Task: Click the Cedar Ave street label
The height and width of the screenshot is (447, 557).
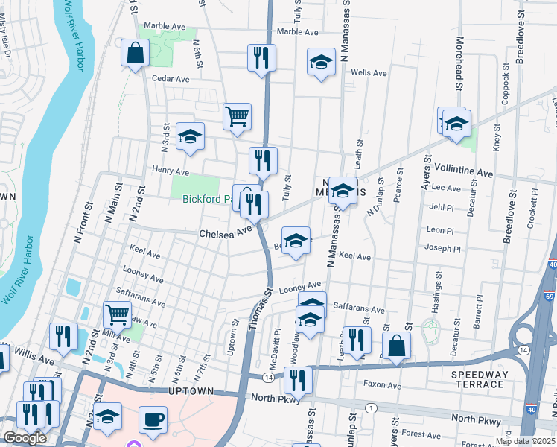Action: coord(171,78)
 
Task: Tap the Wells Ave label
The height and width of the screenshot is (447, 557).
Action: coord(369,73)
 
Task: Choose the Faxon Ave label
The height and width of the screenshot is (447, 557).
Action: coord(382,385)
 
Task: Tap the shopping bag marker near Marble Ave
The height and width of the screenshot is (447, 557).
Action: coord(136,53)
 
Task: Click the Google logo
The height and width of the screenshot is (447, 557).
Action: coord(25,438)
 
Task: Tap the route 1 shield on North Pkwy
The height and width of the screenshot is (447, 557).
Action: coord(371,408)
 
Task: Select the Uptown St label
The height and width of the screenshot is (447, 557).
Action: coord(235,338)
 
